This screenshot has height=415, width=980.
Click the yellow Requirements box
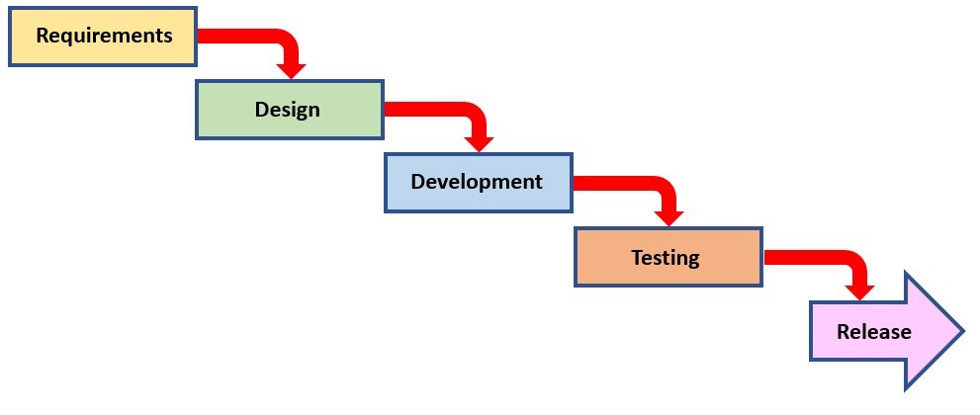pyautogui.click(x=103, y=37)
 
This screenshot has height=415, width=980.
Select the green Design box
pyautogui.click(x=290, y=110)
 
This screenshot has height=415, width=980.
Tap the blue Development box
pyautogui.click(x=479, y=182)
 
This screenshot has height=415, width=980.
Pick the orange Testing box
pyautogui.click(x=668, y=257)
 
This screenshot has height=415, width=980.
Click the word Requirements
pyautogui.click(x=104, y=36)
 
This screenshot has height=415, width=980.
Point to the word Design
pyautogui.click(x=288, y=110)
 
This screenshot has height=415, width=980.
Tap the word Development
pyautogui.click(x=477, y=182)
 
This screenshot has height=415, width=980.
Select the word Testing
pyautogui.click(x=665, y=257)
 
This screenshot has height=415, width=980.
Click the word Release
pyautogui.click(x=874, y=331)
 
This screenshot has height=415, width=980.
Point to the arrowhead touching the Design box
pyautogui.click(x=292, y=70)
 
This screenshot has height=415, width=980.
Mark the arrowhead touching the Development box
pyautogui.click(x=480, y=144)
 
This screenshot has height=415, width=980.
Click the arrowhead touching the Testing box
pyautogui.click(x=668, y=218)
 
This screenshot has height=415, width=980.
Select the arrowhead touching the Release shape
pyautogui.click(x=859, y=292)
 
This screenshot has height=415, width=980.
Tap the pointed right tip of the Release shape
pyautogui.click(x=965, y=331)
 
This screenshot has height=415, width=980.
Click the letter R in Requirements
pyautogui.click(x=43, y=36)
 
